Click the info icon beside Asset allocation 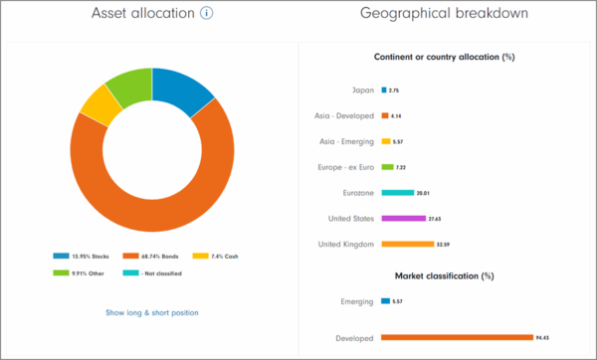tap(207, 14)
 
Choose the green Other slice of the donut tap(128, 82)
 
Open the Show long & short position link tap(151, 312)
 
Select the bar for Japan tap(383, 90)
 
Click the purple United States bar tap(403, 218)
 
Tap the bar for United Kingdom tap(407, 244)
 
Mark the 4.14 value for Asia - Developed tap(395, 116)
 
